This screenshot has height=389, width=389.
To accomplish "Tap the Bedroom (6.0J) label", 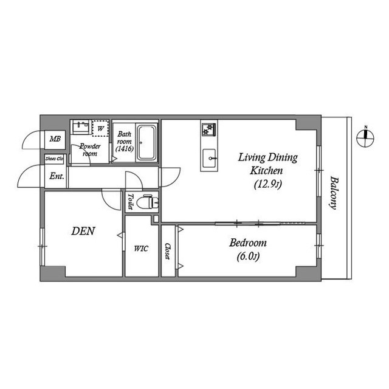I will [247, 249].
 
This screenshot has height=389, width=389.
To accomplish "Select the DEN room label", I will [83, 231].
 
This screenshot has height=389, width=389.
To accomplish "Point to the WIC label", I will [140, 249].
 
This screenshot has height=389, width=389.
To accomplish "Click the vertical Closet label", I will [168, 251].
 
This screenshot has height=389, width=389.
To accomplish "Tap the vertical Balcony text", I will [334, 193].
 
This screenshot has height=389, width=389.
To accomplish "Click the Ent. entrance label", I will [56, 177].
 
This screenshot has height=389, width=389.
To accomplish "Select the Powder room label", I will [89, 150].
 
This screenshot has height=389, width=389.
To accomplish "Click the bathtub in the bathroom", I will [146, 142].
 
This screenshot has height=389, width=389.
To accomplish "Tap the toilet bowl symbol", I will [146, 202].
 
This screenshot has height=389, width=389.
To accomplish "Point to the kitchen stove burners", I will [209, 129].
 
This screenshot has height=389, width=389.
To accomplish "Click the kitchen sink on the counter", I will [210, 156].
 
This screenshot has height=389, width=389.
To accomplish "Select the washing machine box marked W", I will [100, 129].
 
